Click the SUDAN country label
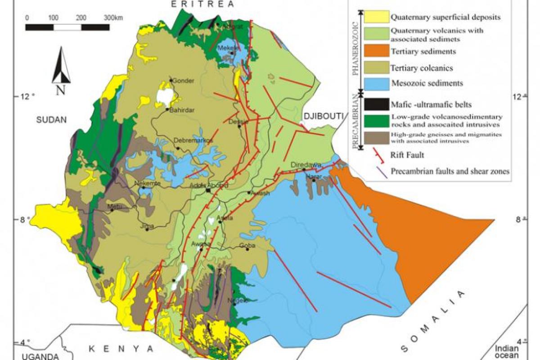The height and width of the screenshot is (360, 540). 52,120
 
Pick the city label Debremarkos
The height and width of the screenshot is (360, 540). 193,140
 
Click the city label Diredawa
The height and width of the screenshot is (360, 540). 306,165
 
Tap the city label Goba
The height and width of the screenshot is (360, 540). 247,245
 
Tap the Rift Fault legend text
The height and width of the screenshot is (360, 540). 408,155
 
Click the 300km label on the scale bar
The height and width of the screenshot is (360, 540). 112,18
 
